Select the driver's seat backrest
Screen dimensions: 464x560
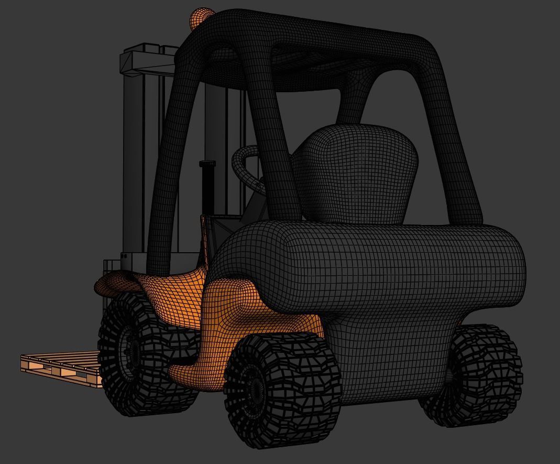(355, 173)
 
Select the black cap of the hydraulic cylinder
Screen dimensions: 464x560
(207, 165)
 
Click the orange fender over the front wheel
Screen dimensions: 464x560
(118, 284)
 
